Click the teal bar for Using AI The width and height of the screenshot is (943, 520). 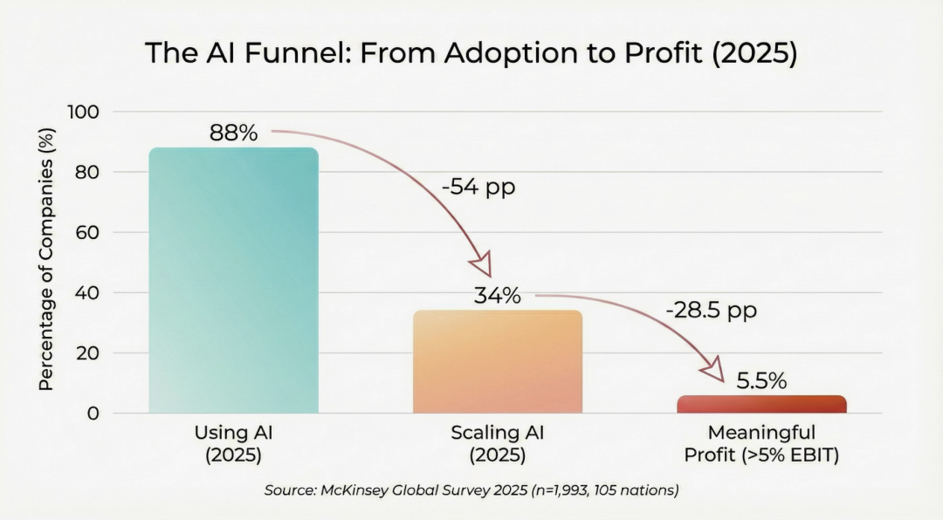[233, 279]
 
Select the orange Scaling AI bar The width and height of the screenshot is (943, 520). [497, 361]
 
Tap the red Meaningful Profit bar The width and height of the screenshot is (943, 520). [761, 404]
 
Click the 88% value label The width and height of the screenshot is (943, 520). [233, 133]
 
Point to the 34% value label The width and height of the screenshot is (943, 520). [497, 296]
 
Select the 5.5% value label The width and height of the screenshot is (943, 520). [761, 381]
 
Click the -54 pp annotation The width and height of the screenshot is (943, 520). [479, 187]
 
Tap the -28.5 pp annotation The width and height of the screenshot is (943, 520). [711, 311]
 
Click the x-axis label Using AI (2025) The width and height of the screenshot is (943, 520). [233, 443]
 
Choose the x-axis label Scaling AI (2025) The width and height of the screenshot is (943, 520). [497, 443]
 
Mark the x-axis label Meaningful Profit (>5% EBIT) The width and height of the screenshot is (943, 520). [761, 443]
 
